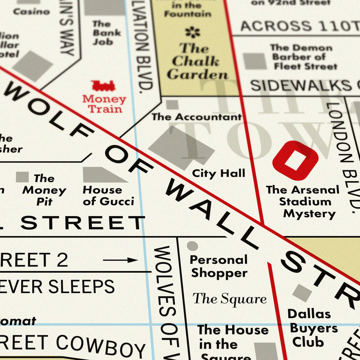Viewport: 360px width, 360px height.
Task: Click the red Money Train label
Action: [x=104, y=104]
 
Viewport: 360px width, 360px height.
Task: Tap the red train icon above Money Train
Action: [x=103, y=86]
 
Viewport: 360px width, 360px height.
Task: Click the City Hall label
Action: [x=219, y=173]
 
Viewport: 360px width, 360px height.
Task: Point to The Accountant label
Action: [x=197, y=117]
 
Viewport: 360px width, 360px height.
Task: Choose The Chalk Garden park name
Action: [x=197, y=61]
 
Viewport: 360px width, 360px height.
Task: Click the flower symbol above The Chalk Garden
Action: [x=193, y=32]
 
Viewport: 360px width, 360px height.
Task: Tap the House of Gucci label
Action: [x=108, y=196]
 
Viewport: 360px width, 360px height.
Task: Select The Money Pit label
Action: [x=44, y=190]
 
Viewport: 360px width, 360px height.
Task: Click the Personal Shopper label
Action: [x=219, y=266]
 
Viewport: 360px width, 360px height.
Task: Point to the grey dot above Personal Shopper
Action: [x=192, y=246]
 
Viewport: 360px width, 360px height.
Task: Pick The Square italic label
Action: [x=230, y=299]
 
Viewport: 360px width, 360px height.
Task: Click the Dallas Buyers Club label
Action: [x=313, y=328]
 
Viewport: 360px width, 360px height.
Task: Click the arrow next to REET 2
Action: [x=120, y=260]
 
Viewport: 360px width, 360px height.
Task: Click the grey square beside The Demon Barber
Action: [x=255, y=61]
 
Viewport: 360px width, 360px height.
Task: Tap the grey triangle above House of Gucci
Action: [x=102, y=175]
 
